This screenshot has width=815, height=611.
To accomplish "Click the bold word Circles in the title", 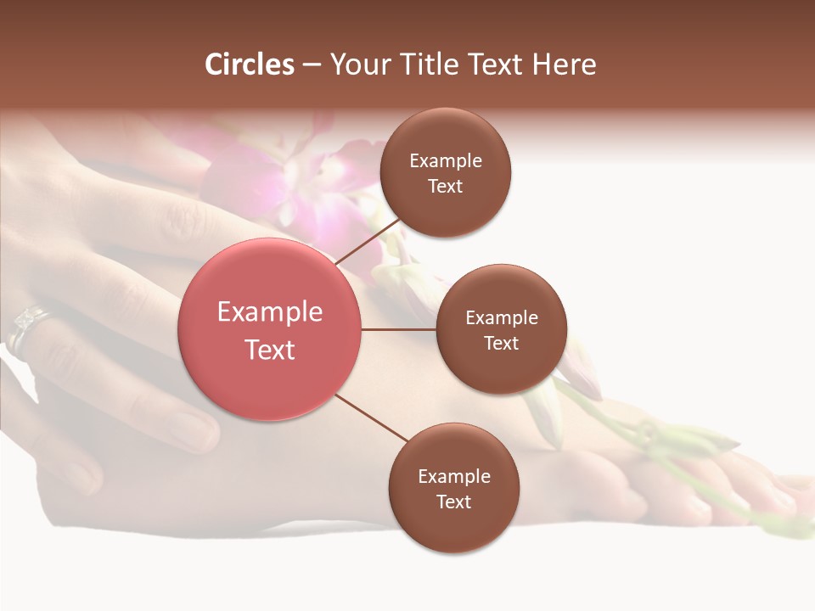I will click(x=250, y=64).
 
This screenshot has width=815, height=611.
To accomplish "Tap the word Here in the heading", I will click(x=564, y=64).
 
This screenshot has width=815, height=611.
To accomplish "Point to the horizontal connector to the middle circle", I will click(x=398, y=329).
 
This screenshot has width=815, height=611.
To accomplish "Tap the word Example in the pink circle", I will click(x=270, y=311).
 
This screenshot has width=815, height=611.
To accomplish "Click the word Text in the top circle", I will click(x=446, y=187).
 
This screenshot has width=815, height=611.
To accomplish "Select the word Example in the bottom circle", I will click(x=454, y=476).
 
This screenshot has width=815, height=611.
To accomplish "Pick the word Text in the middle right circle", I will click(x=502, y=343).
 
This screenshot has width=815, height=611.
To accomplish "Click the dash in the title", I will click(x=312, y=64).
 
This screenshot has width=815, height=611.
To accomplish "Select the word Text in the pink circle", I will click(x=270, y=350).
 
